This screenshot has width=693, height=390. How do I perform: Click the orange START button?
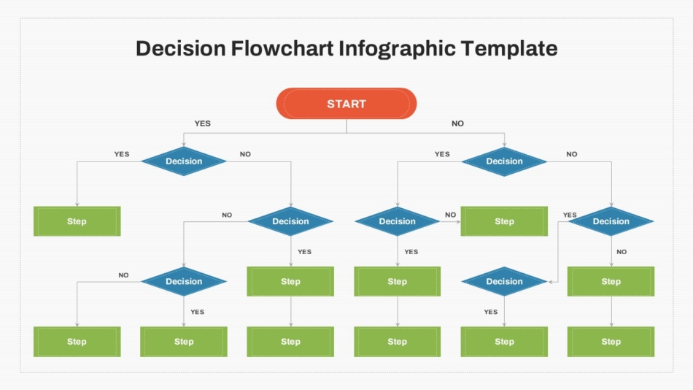point(346,104)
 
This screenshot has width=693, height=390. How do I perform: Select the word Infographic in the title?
point(397,49)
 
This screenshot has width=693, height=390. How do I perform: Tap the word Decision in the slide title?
point(180,49)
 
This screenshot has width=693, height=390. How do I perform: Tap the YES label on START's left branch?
point(202,123)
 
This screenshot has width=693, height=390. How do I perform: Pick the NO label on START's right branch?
point(457,123)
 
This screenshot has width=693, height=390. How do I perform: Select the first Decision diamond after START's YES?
point(184,161)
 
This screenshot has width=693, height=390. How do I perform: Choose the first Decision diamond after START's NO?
point(504,161)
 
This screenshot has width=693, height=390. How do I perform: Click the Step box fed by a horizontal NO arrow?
point(504,221)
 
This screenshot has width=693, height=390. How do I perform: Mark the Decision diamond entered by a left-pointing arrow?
point(504,281)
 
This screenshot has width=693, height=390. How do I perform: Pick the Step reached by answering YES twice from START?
point(77,221)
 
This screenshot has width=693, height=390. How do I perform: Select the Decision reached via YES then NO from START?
point(290,221)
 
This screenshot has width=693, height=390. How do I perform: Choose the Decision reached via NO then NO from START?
point(611,221)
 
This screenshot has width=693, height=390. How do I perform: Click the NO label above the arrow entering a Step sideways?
point(450,215)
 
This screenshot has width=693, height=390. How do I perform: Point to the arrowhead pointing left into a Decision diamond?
point(551,281)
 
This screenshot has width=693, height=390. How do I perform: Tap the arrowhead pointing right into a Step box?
point(458,221)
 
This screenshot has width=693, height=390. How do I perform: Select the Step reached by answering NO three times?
point(611,281)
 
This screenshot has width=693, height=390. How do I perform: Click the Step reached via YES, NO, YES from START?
point(290,281)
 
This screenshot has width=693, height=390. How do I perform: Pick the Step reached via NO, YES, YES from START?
point(397,281)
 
